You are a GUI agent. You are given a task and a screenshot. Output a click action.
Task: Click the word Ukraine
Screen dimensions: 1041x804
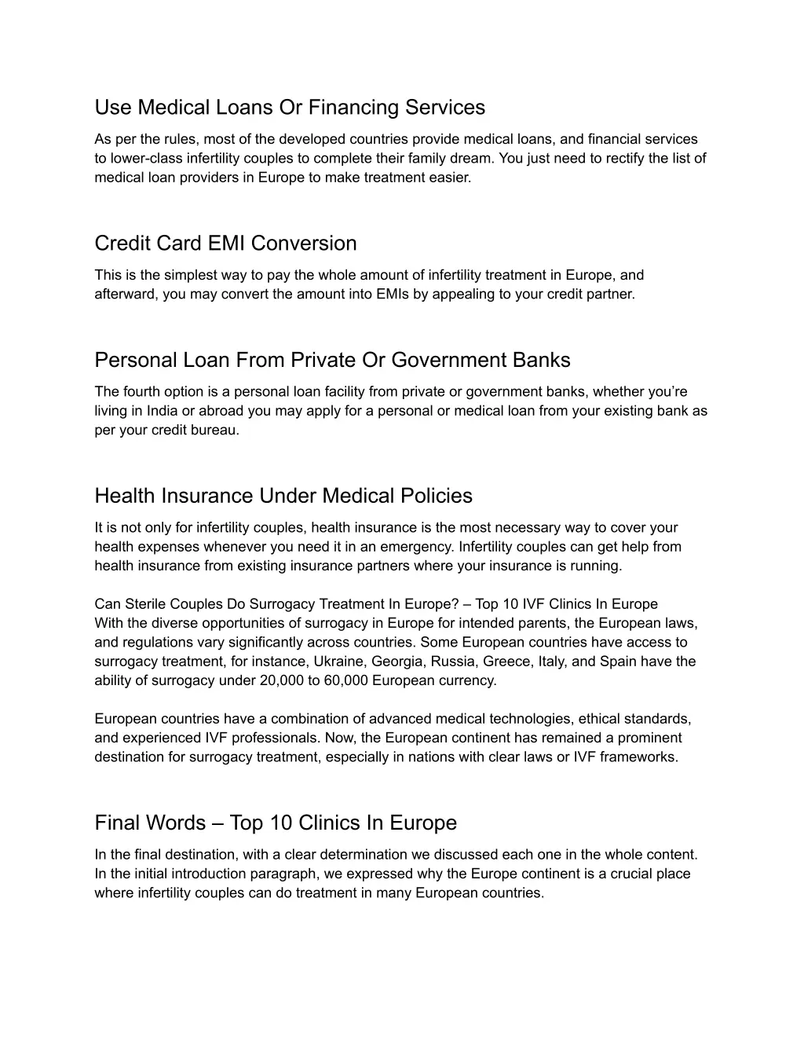[x=342, y=662]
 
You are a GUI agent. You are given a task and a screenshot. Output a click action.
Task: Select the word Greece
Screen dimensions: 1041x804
[x=508, y=662]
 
